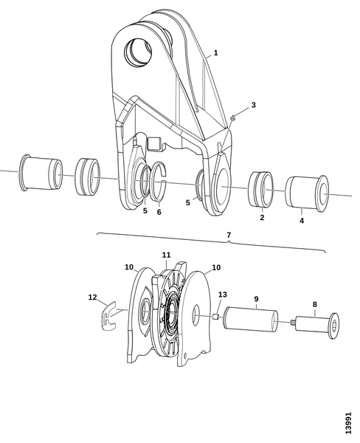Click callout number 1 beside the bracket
215,53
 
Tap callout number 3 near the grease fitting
253,105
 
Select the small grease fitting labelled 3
232,118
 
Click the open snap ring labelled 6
159,182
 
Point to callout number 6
159,212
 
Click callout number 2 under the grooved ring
262,218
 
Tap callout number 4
302,221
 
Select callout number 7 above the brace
229,235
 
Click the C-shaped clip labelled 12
109,316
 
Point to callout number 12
93,298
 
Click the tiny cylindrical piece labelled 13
216,316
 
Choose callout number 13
223,295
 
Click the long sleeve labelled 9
250,320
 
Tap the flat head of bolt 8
334,326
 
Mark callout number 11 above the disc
166,255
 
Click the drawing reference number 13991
348,423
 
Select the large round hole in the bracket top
138,52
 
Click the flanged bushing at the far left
41,173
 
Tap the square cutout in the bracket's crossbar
155,143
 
